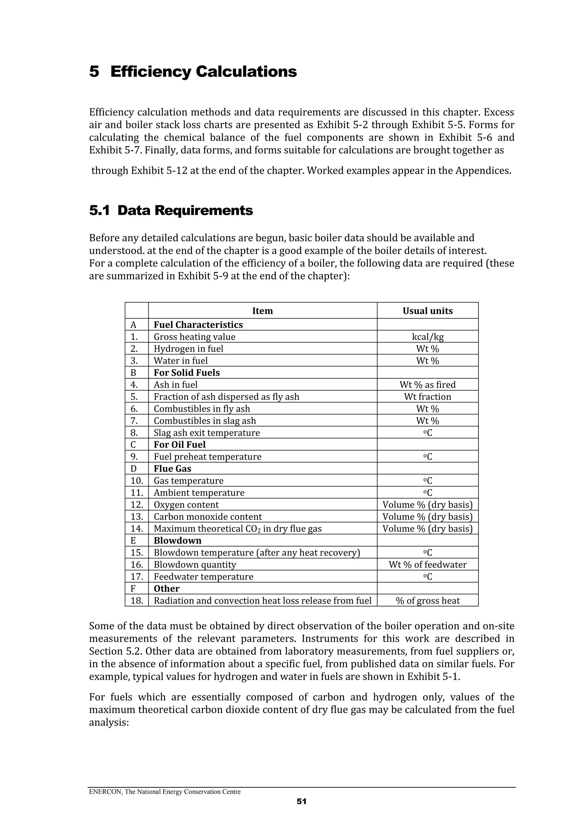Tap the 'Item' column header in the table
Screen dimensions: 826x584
262,311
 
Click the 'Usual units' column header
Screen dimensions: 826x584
427,311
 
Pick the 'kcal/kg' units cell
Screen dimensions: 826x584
427,337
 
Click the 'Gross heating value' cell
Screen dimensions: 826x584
195,337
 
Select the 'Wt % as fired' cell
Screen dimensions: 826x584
427,385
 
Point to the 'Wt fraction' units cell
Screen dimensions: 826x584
427,396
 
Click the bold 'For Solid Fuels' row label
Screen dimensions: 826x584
187,373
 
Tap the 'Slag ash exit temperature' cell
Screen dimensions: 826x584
207,433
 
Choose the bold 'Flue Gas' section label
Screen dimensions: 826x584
173,468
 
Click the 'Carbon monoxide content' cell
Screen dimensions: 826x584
208,517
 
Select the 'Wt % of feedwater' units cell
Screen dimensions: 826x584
427,565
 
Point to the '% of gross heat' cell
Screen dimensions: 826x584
427,600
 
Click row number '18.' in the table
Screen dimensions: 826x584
137,600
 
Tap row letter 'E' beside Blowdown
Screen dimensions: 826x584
133,541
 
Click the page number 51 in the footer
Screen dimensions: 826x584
301,801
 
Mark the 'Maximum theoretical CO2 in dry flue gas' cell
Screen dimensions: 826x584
238,529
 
